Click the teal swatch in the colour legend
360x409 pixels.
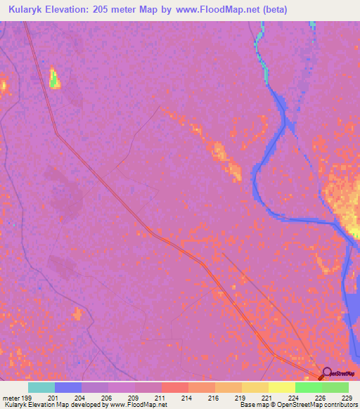click(x=41, y=387)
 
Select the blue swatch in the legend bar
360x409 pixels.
click(x=68, y=387)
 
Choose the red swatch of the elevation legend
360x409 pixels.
click(x=175, y=387)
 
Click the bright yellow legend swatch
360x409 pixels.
click(x=282, y=387)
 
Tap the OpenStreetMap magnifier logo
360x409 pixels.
click(x=327, y=372)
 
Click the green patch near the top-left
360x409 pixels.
click(x=53, y=79)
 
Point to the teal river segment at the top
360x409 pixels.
click(x=261, y=49)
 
